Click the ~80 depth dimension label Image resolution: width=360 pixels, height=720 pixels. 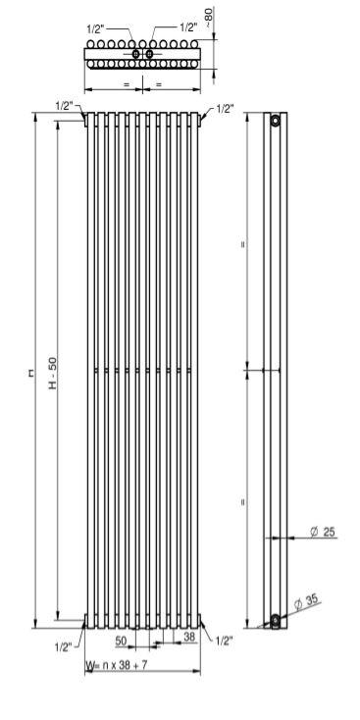point(209,18)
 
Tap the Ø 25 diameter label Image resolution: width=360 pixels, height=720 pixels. point(323,532)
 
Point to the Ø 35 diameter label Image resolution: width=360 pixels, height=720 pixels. point(306,601)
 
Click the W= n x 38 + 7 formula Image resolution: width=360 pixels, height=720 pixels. point(117,665)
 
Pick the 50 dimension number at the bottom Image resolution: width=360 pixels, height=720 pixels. point(121,641)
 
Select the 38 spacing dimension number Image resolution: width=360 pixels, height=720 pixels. point(189,637)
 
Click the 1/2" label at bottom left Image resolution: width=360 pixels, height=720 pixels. point(64,647)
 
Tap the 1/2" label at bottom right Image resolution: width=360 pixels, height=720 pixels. point(224,641)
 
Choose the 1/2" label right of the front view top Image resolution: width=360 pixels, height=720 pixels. point(225,109)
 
